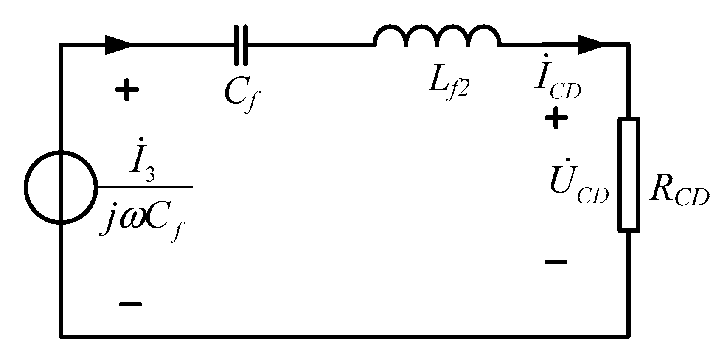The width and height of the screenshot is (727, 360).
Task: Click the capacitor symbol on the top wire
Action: (241, 45)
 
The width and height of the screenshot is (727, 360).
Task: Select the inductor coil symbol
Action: (437, 37)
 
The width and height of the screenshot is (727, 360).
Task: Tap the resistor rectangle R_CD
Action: (628, 175)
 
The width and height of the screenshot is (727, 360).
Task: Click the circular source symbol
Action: (61, 187)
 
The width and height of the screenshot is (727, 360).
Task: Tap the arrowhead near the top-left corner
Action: (118, 45)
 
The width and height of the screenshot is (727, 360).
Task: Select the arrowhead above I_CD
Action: (590, 45)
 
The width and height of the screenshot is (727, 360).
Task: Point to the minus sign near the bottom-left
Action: (130, 304)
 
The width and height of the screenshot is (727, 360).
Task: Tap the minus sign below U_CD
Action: (556, 262)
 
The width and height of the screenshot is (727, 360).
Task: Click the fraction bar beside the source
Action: (144, 187)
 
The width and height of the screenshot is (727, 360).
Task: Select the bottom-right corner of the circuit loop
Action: (628, 336)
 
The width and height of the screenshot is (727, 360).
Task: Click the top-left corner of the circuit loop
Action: (62, 45)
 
